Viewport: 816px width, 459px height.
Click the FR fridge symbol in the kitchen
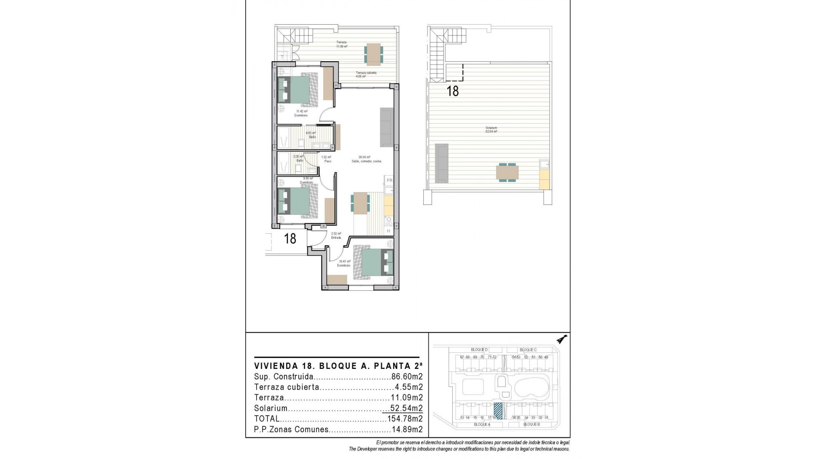click(389, 181)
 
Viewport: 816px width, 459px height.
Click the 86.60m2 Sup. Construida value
click(407, 377)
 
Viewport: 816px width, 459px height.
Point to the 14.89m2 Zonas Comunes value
click(407, 430)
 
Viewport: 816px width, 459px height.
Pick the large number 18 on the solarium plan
click(453, 91)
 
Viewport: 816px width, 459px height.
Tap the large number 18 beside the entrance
click(290, 238)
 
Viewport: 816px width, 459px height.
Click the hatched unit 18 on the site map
click(498, 411)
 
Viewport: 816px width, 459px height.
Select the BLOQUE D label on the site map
click(479, 350)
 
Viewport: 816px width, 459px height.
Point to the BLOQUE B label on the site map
click(531, 425)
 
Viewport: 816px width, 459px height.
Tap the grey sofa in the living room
click(386, 127)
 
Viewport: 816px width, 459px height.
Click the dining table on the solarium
click(507, 173)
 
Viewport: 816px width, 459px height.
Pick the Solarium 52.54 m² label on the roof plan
click(491, 130)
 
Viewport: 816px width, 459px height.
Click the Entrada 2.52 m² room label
click(336, 235)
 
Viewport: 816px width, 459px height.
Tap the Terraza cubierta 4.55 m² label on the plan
click(366, 75)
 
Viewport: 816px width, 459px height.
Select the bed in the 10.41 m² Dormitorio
click(373, 263)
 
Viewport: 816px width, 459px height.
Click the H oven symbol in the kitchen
click(388, 231)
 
